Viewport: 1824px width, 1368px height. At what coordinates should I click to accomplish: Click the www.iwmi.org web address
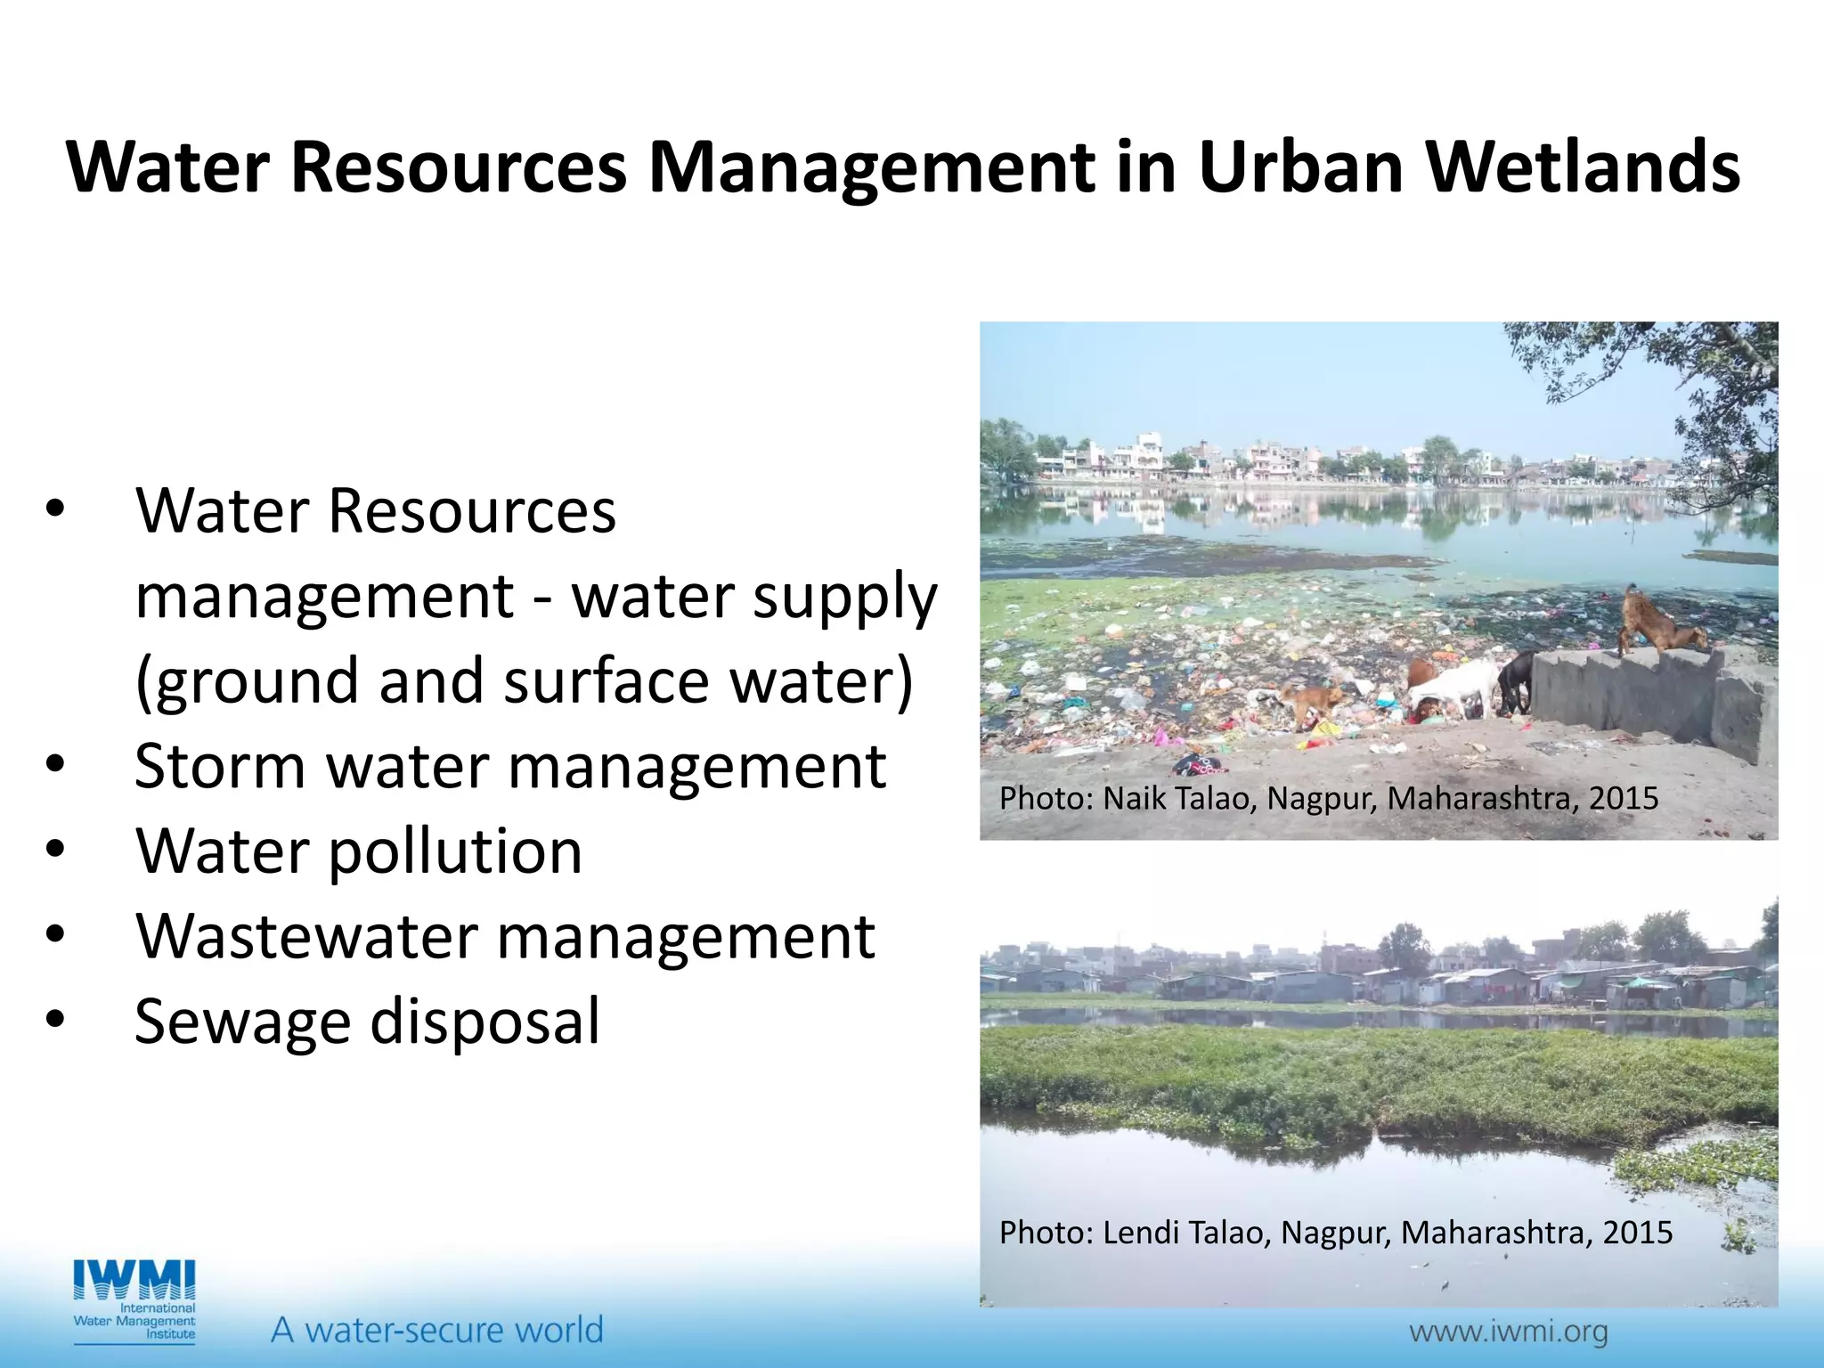tap(1508, 1331)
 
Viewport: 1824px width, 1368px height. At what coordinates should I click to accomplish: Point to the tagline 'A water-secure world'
tap(436, 1330)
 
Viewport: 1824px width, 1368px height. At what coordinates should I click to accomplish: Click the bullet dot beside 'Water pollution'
tap(55, 850)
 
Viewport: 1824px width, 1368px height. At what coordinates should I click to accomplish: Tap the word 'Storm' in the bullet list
tap(221, 765)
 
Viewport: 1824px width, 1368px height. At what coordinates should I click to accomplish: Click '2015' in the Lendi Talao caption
tap(1637, 1233)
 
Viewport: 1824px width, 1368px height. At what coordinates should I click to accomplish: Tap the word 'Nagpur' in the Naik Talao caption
tap(1323, 798)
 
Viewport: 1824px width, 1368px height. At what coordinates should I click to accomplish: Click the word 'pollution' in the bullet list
tap(455, 851)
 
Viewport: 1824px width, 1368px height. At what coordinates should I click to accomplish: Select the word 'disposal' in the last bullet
tap(484, 1022)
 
